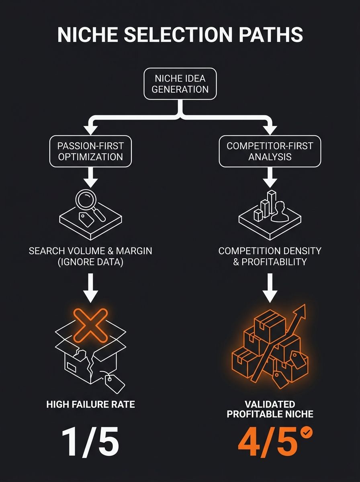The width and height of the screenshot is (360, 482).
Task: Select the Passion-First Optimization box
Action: [90, 151]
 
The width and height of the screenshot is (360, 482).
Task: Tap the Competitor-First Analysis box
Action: [270, 151]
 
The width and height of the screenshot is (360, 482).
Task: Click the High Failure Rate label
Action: [90, 404]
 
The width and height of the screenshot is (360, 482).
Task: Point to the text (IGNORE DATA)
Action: [90, 262]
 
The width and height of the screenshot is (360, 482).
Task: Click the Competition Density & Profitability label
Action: [270, 256]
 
